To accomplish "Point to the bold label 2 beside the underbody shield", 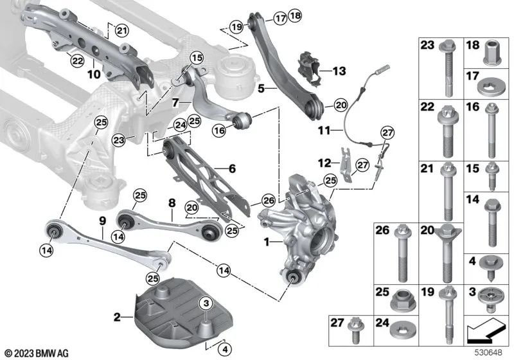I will pos(117,316).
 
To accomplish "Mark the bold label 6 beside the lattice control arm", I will pos(232,168).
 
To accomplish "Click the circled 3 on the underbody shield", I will pos(205,302).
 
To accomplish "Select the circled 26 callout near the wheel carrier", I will pos(268,201).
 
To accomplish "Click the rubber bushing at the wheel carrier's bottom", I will pos(294,277).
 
